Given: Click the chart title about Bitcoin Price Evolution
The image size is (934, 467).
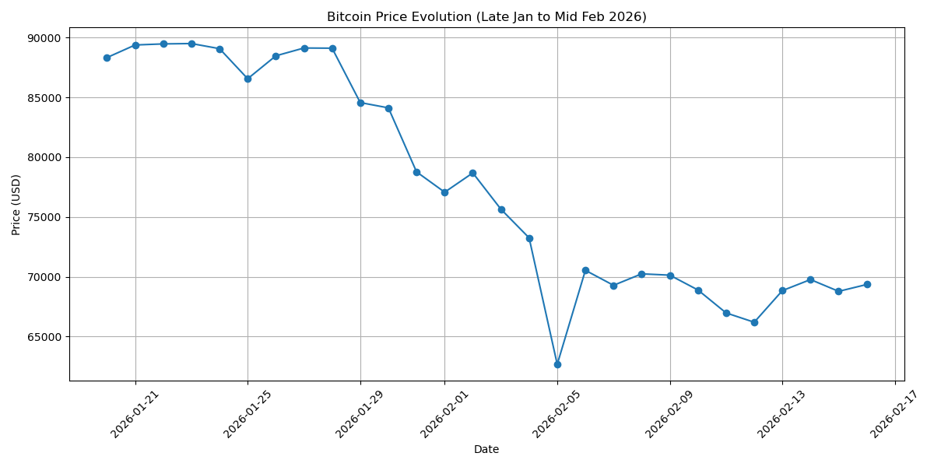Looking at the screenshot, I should tap(486, 17).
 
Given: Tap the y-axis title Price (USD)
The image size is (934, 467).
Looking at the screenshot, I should tap(16, 205).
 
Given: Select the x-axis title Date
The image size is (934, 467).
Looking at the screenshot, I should tap(486, 449).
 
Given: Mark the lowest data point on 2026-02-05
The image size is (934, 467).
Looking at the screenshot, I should tap(557, 364).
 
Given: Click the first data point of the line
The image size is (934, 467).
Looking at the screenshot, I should tap(107, 58).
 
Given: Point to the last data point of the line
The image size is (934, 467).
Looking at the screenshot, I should tap(867, 284).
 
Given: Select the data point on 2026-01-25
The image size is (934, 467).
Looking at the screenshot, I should tap(248, 79).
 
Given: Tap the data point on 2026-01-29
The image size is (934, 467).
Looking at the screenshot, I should tap(360, 103).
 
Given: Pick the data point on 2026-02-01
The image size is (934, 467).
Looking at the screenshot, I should tap(444, 192).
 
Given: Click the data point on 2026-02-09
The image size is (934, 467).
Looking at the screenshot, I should tap(670, 276).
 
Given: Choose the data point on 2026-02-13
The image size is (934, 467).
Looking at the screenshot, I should tap(782, 290).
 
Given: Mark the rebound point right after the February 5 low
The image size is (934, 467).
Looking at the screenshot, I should tap(585, 270).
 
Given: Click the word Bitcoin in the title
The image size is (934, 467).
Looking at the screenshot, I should tap(348, 17).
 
